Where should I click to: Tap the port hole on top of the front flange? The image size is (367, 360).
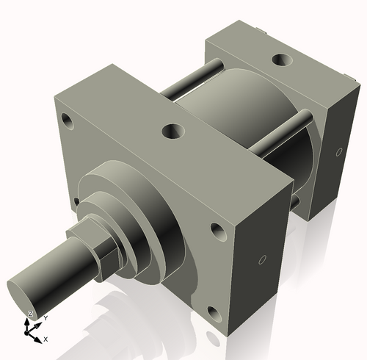174,132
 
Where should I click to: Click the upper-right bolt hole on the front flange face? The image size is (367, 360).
219,231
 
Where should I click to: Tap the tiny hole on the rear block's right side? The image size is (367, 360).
338,153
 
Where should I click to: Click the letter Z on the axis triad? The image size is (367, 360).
30,314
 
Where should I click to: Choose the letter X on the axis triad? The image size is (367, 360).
46,339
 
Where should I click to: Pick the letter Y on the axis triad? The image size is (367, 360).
46,317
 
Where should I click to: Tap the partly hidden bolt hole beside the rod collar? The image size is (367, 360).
76,200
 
